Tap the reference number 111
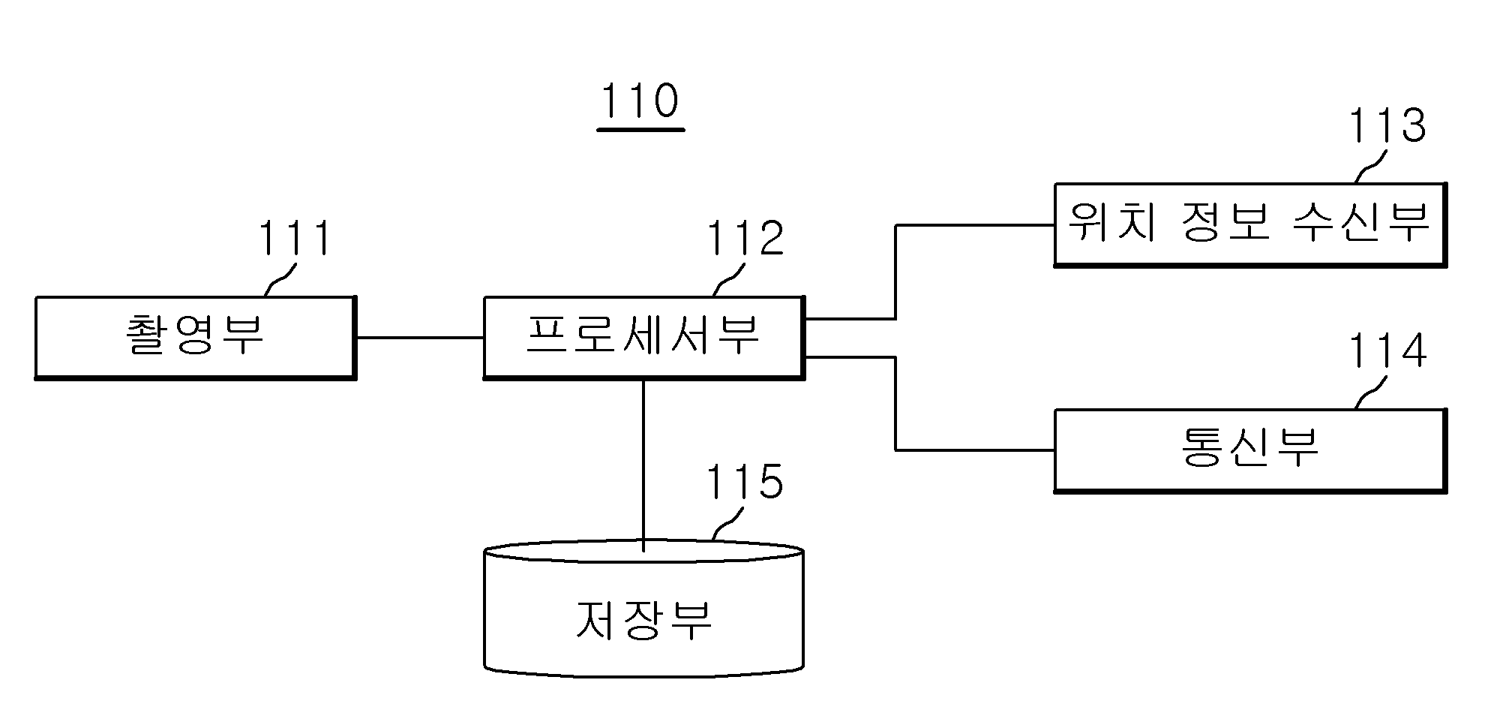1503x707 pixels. [295, 239]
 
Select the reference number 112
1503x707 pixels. [745, 239]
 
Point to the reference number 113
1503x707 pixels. [1387, 125]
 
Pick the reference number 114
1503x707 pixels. [1387, 350]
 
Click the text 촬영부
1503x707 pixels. [195, 335]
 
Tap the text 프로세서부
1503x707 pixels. [643, 335]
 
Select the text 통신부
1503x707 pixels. [1250, 448]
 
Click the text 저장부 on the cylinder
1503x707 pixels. [643, 621]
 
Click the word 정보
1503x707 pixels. [1225, 222]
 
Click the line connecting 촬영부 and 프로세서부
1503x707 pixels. [419, 338]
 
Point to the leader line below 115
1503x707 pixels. [727, 523]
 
